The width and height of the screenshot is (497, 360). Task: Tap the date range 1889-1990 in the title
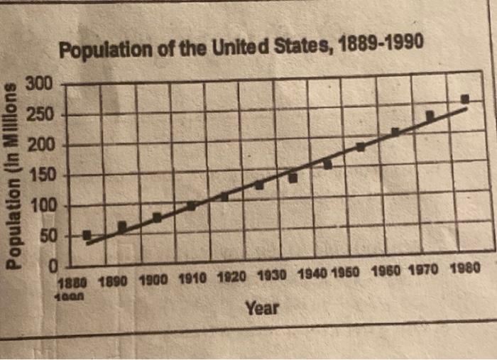[x=381, y=43]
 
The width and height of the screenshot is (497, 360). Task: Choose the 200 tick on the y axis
[x=39, y=146]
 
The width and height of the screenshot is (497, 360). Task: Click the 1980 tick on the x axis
[x=466, y=271]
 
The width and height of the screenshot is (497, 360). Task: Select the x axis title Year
[x=261, y=308]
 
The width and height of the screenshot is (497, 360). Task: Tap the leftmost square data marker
[x=87, y=235]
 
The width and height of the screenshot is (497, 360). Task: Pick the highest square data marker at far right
[x=465, y=99]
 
